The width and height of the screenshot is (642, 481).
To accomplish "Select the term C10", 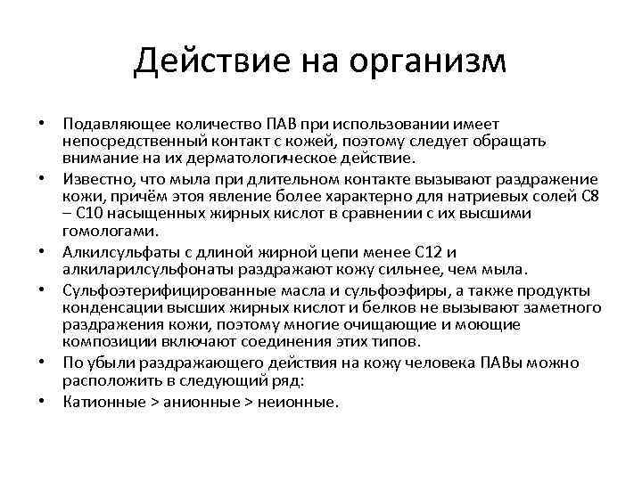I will [92, 214].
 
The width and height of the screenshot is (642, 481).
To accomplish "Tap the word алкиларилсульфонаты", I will [138, 269].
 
